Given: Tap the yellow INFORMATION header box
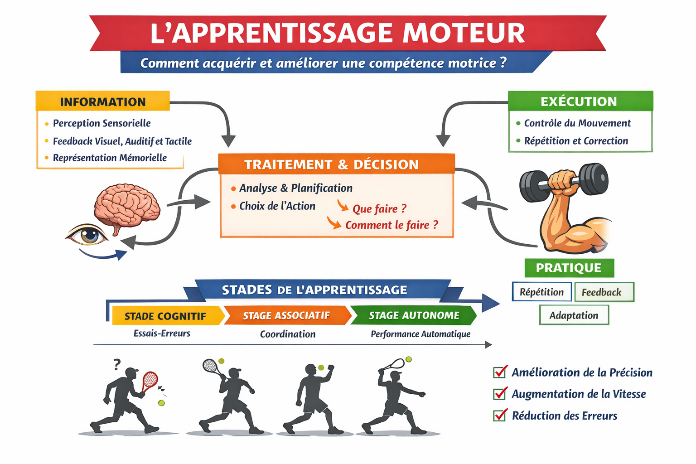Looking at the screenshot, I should (103, 101).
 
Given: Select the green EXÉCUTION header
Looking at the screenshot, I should (580, 101).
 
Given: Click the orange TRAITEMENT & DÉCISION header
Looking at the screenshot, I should (336, 164).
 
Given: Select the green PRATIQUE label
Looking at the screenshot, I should (569, 268).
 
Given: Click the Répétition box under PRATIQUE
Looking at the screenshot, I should (541, 292).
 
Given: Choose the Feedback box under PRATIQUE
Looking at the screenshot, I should (603, 292).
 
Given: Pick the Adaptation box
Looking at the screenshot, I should (574, 315).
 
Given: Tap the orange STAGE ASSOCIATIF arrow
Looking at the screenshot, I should (286, 315).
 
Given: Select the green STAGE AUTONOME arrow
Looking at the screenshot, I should (414, 315).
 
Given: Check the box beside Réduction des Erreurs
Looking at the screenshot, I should (500, 415).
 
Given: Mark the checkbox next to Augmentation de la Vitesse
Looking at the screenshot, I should (500, 393).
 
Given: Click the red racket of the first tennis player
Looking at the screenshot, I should (150, 380).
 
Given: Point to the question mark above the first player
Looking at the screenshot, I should (117, 364).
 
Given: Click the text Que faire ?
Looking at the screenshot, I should (379, 208).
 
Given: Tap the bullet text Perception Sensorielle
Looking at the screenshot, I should (101, 123).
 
